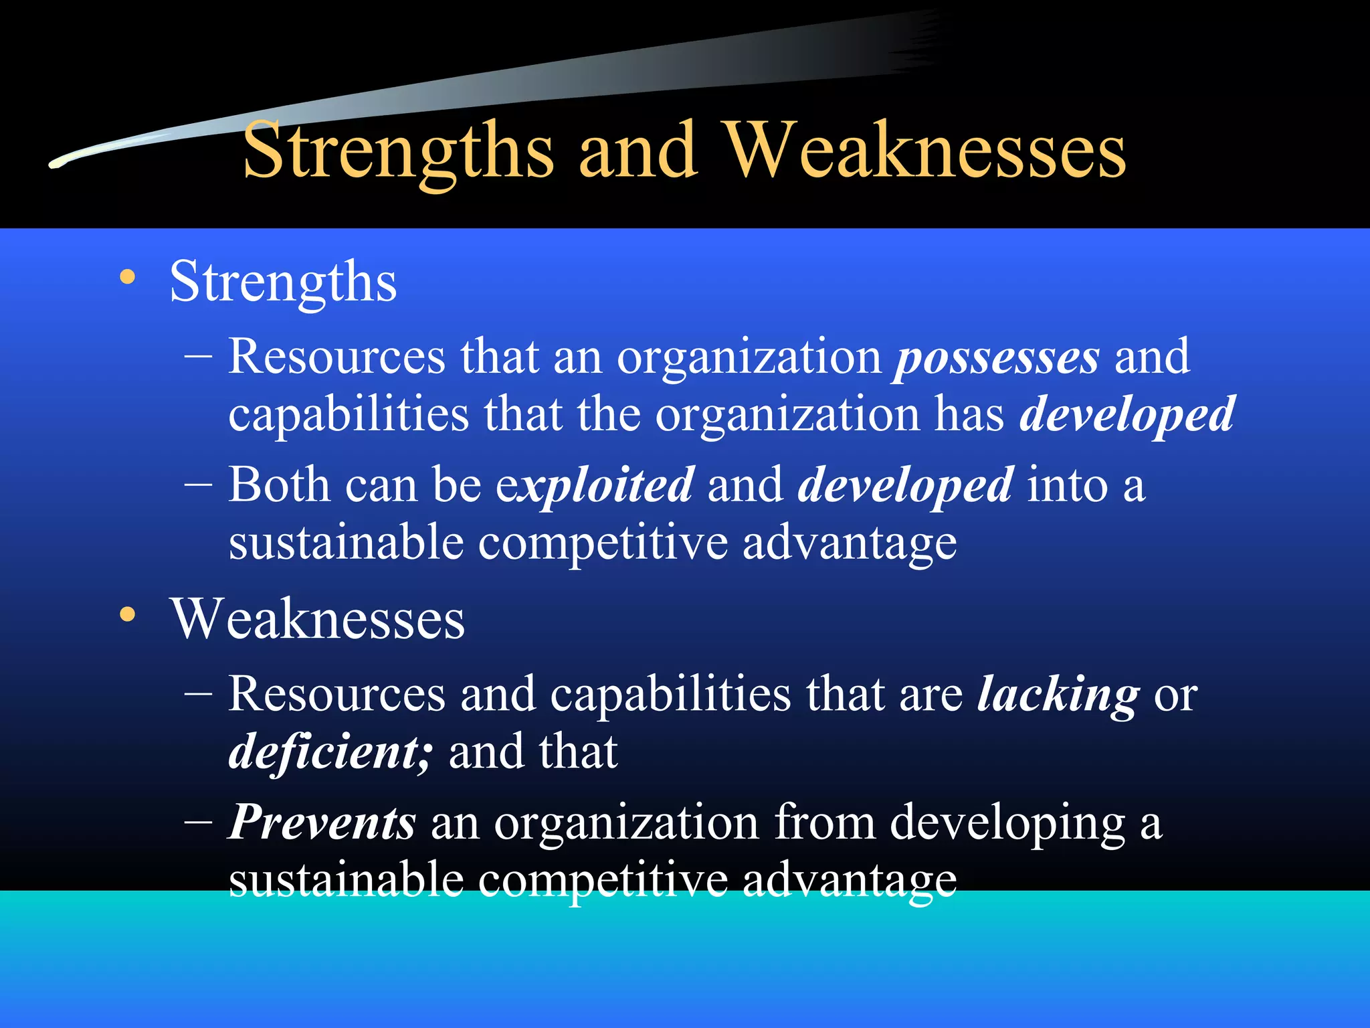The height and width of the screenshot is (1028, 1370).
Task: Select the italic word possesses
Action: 996,358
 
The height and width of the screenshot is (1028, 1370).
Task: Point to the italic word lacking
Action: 1058,695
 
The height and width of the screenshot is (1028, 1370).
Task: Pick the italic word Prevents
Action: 322,823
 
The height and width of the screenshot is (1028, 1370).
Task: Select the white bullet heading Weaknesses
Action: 317,618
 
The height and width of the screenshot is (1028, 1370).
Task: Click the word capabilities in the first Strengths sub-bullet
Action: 349,415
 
